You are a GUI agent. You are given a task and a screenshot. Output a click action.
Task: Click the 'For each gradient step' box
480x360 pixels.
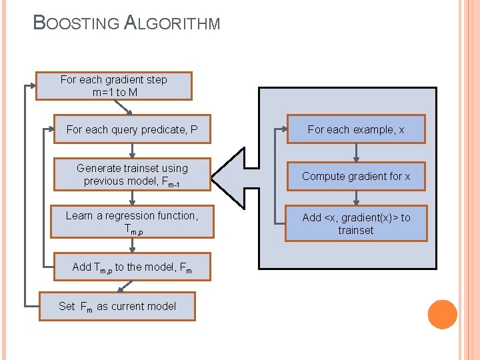[x=114, y=86]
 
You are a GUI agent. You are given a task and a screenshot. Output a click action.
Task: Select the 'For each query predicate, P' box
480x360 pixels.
[x=132, y=130]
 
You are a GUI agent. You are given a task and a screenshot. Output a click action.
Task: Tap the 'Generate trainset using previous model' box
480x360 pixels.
[x=132, y=175]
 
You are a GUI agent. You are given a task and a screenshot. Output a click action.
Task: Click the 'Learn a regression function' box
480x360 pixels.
[x=132, y=223]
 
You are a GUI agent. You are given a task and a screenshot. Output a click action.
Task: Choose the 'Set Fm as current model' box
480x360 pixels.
[x=117, y=307]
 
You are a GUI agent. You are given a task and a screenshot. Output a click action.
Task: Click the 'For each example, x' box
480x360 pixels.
[x=356, y=129]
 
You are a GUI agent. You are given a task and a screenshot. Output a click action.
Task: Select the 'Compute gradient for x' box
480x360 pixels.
[x=356, y=177]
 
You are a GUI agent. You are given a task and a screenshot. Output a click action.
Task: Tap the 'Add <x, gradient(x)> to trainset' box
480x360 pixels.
[x=356, y=223]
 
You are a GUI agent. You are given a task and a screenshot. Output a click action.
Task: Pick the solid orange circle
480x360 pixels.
[x=442, y=315]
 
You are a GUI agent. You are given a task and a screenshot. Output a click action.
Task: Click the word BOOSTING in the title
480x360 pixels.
[x=76, y=23]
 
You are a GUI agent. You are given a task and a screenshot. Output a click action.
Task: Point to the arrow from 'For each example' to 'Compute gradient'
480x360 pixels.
[x=356, y=153]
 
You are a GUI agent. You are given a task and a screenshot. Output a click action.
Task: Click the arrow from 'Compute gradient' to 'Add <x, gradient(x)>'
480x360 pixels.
[x=356, y=198]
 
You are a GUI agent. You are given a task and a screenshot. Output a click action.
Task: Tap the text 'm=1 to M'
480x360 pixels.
[x=115, y=93]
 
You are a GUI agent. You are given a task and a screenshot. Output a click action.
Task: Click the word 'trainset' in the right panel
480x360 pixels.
[x=356, y=231]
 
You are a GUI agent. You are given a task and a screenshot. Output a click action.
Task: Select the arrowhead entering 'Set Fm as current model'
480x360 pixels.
[x=121, y=289]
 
